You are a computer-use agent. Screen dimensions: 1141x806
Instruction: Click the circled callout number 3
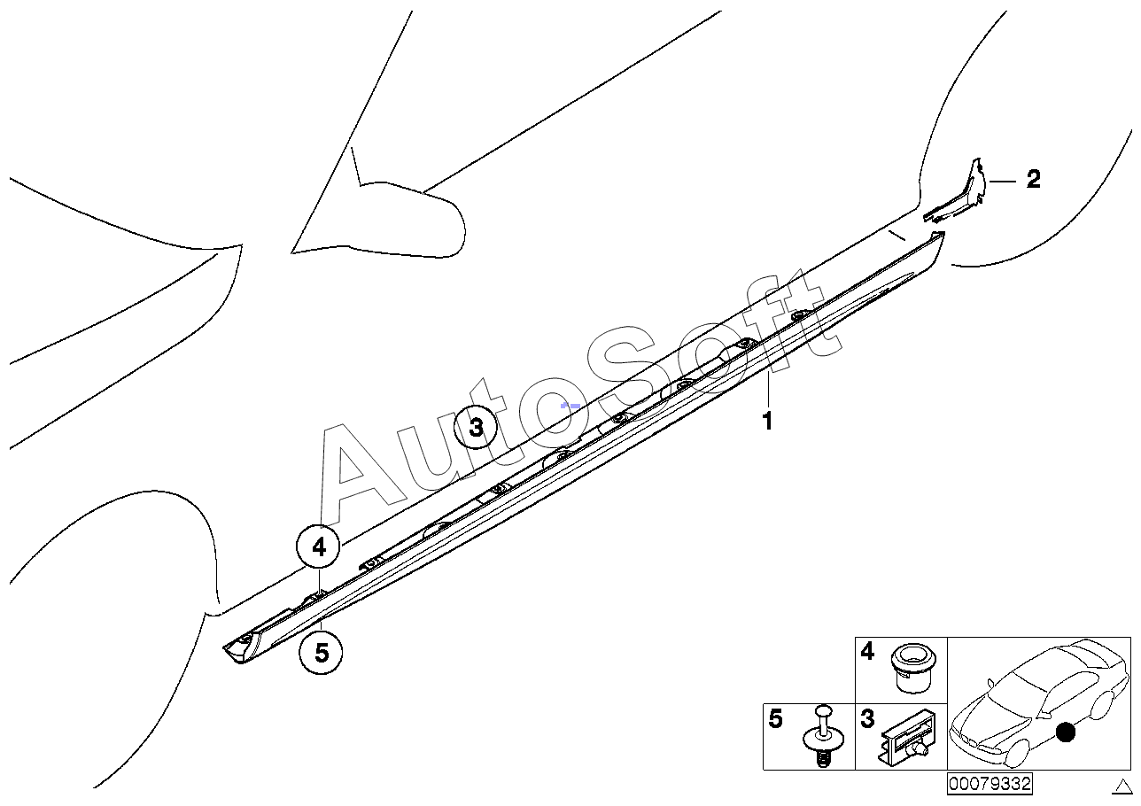(477, 430)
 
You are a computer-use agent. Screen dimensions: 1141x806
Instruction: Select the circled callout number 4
(319, 547)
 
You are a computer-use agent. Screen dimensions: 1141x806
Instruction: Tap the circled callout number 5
(322, 653)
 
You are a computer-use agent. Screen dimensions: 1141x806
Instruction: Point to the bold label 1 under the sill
(768, 422)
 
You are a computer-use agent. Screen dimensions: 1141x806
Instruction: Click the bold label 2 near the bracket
(1033, 180)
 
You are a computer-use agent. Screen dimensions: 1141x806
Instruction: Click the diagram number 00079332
(989, 784)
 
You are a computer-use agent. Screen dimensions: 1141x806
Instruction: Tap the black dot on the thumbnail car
(1066, 732)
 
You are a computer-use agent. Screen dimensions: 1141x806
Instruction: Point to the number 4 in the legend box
(867, 653)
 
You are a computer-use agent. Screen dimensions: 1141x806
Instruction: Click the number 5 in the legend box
(776, 719)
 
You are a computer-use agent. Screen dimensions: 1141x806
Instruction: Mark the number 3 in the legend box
(867, 719)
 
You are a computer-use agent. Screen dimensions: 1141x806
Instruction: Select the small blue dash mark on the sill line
(570, 405)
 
